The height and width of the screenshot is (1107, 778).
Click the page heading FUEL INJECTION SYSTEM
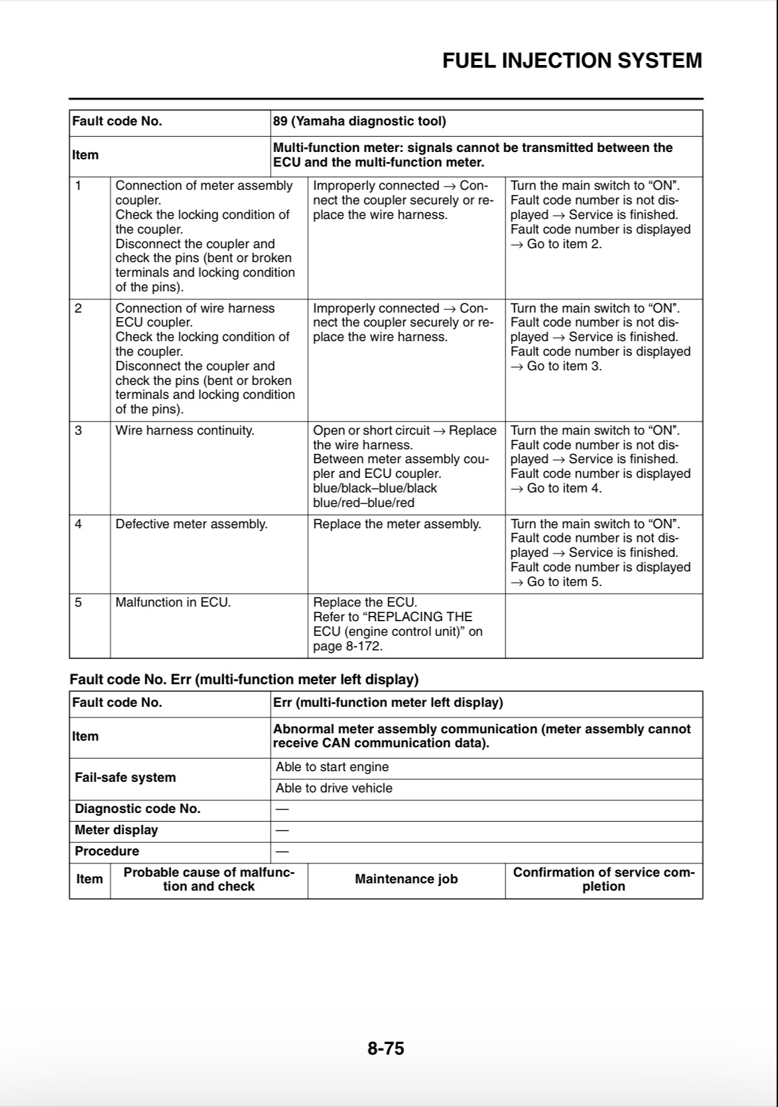[572, 60]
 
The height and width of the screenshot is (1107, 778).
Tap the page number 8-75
[385, 1048]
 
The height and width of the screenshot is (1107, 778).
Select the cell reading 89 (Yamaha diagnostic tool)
[359, 121]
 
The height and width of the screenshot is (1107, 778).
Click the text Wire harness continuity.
[184, 431]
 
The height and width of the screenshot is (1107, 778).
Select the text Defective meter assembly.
[191, 524]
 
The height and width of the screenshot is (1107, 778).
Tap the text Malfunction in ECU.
[172, 603]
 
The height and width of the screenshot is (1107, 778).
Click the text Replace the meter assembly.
[397, 524]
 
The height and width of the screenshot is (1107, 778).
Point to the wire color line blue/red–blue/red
[363, 503]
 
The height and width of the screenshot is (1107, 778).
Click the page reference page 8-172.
[348, 646]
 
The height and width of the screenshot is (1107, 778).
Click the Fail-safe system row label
[125, 778]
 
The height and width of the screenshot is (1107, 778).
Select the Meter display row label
[116, 830]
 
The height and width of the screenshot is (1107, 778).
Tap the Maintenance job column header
[406, 879]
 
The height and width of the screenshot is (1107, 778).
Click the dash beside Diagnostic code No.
[282, 809]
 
